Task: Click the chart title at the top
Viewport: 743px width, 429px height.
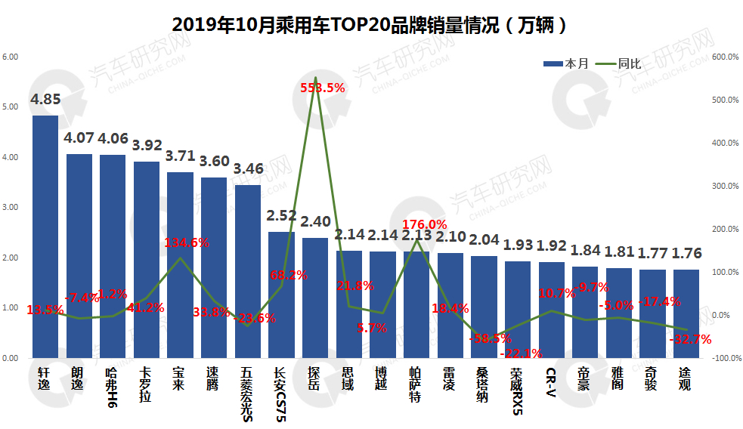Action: point(370,24)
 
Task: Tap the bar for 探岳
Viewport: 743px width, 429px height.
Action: point(315,298)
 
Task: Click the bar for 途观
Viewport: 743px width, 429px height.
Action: point(686,313)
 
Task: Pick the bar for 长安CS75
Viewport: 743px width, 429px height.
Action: point(281,295)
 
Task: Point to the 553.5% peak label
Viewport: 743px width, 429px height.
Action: point(323,88)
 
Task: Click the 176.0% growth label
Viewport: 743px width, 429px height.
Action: point(424,224)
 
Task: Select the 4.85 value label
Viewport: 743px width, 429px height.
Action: point(45,99)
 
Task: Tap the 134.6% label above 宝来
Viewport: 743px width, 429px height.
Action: point(187,242)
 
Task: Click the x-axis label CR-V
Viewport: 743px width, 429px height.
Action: point(552,381)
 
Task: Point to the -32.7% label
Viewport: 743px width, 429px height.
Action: point(691,340)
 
